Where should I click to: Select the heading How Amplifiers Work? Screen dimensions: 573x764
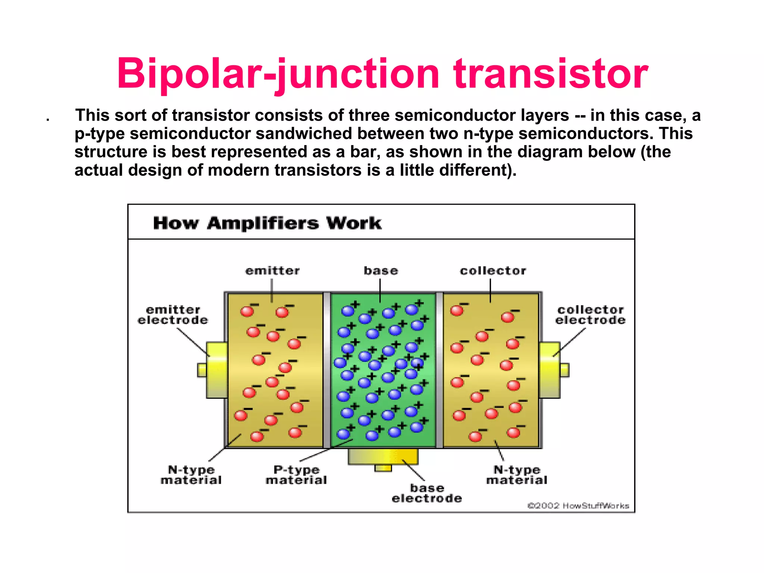(x=267, y=223)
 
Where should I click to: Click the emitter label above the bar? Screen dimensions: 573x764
(x=272, y=271)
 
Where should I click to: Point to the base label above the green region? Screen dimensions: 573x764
(x=381, y=271)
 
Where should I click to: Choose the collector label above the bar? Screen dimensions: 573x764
(x=493, y=271)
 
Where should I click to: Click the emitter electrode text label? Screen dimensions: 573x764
(x=173, y=315)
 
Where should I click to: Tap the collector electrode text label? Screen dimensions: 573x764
(x=590, y=315)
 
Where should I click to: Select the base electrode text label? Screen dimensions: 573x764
(x=427, y=493)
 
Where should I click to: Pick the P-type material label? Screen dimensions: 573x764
(x=296, y=475)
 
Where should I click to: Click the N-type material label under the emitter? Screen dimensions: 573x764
(x=191, y=475)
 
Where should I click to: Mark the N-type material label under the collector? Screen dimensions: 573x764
(x=517, y=475)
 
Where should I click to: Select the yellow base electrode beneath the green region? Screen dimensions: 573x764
(x=383, y=457)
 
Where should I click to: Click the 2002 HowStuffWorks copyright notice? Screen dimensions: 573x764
(x=578, y=506)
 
